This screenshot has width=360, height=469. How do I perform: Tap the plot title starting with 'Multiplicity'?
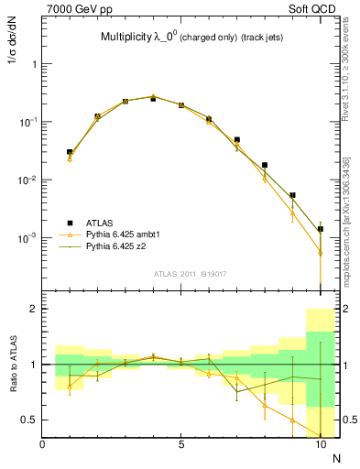coord(191,38)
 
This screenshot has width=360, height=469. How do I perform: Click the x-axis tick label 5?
coord(181,444)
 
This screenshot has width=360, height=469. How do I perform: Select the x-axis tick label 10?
coord(320,444)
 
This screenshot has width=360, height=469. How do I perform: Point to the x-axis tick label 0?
coord(42,444)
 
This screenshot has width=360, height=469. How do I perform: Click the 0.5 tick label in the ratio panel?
coord(28,420)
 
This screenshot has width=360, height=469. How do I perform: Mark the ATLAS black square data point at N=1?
coord(70,152)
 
